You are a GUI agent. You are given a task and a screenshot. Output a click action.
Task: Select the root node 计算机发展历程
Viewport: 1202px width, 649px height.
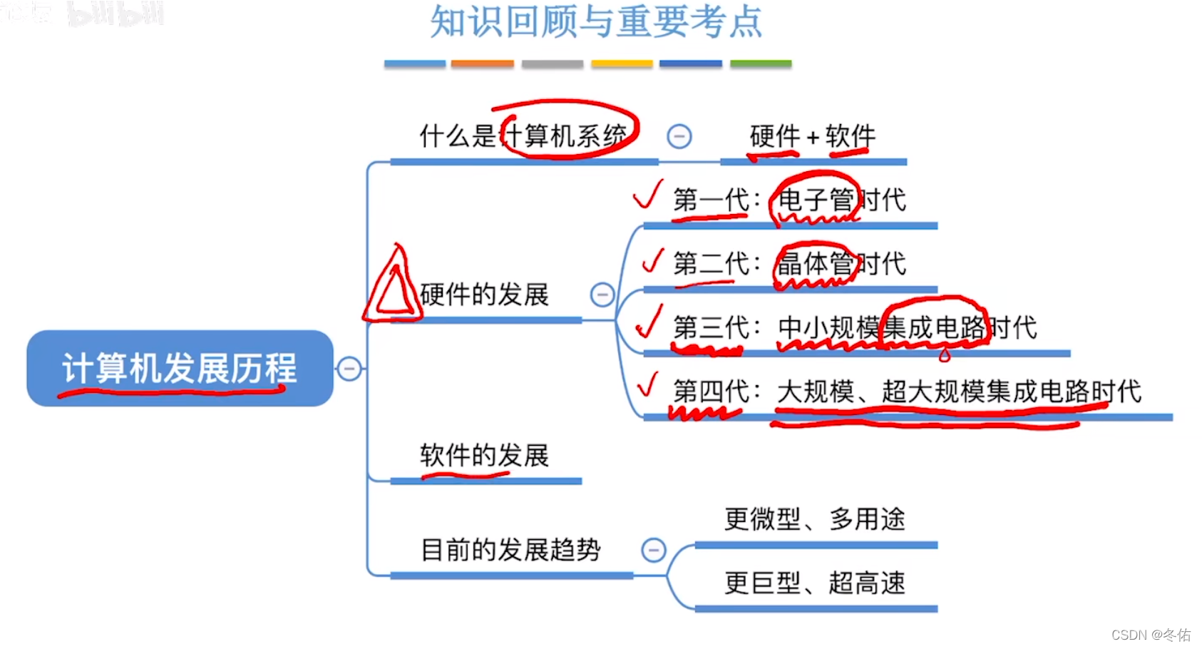(180, 368)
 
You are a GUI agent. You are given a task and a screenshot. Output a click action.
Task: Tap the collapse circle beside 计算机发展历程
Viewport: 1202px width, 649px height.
(349, 369)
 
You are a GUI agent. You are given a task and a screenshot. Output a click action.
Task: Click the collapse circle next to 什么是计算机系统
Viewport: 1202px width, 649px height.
(679, 136)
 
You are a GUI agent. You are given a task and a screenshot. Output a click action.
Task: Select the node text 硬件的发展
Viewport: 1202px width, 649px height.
(484, 294)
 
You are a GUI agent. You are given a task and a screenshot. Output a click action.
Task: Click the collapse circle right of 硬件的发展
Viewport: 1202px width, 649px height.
(602, 294)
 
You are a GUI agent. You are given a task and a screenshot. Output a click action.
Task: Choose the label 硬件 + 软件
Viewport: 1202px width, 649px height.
(812, 136)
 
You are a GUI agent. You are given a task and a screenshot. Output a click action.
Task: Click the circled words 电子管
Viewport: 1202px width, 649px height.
(815, 200)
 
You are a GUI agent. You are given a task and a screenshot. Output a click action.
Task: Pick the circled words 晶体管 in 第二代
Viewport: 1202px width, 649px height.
(814, 264)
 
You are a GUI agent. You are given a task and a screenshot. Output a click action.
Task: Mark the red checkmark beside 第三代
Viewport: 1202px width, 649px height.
(649, 322)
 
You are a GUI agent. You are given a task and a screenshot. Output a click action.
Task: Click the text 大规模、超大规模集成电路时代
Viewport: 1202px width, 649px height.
(959, 392)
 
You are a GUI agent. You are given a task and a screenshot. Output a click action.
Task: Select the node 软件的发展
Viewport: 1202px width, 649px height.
(484, 455)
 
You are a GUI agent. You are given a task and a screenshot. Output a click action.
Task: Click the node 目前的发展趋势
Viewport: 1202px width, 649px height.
(510, 550)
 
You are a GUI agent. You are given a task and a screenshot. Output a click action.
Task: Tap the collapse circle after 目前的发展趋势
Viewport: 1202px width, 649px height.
(653, 550)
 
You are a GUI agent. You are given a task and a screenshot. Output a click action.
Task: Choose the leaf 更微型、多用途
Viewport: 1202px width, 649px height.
(815, 519)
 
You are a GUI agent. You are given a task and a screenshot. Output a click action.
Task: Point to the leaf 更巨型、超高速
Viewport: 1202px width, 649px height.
(815, 583)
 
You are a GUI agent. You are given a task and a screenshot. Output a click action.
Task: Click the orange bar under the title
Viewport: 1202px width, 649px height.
(482, 64)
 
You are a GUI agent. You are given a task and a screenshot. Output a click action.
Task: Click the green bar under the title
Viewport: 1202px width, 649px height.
(761, 64)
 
